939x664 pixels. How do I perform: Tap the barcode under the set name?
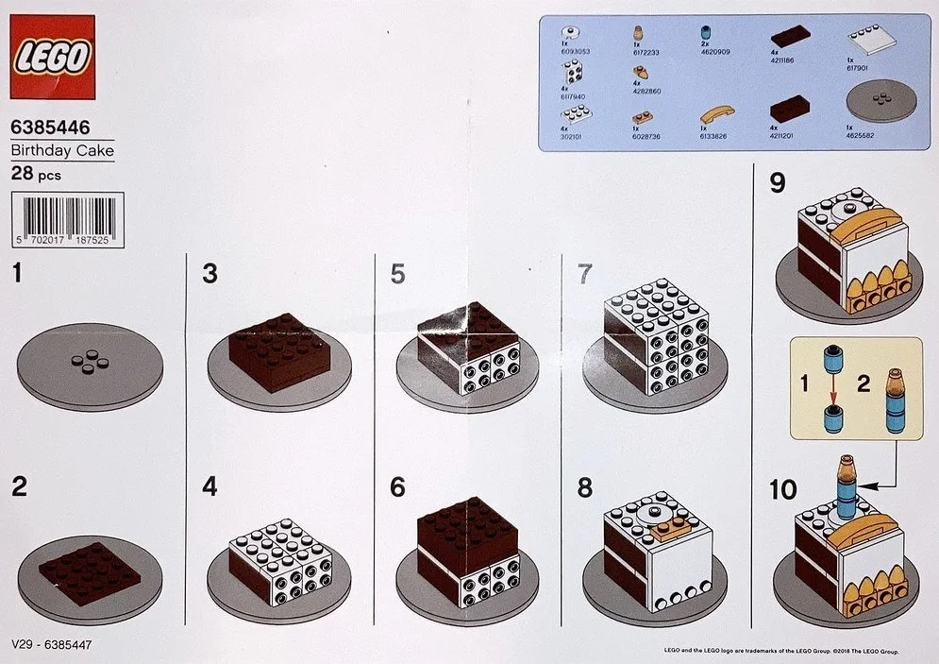coord(66,220)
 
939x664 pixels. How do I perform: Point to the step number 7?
coord(584,274)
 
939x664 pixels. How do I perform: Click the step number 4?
coord(210,486)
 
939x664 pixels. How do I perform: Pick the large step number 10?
coord(782,489)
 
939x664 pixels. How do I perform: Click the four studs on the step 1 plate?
coord(90,362)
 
